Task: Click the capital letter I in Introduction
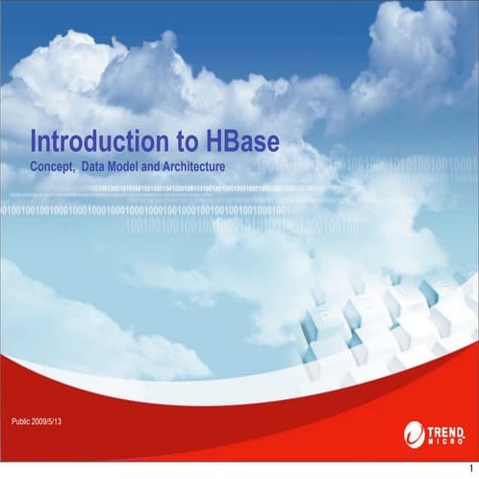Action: (35, 142)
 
